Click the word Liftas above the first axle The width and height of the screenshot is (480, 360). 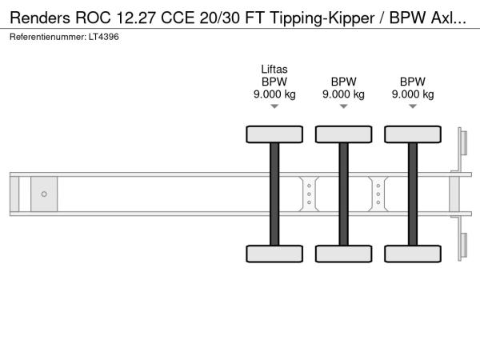[274, 69]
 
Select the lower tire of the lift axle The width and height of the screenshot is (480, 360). [274, 254]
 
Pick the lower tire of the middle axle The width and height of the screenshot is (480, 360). [343, 254]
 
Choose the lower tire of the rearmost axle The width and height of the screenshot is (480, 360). [413, 254]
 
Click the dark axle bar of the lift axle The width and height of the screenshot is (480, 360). [274, 194]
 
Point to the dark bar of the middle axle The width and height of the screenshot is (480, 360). [343, 194]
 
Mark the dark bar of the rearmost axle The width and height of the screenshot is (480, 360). [413, 194]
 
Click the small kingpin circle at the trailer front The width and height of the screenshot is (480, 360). [44, 194]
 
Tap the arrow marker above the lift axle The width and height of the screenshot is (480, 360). [274, 106]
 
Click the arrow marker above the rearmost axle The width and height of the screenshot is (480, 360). [413, 106]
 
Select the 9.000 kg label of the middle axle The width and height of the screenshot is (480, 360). [343, 94]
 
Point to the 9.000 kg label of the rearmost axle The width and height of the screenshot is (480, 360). [413, 94]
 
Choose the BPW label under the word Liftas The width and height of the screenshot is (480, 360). [274, 82]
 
